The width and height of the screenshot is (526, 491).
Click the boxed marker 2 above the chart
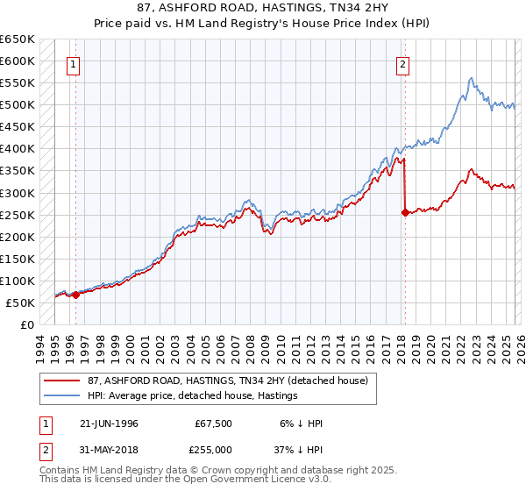click(x=402, y=63)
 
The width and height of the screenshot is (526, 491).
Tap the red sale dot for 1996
click(x=75, y=295)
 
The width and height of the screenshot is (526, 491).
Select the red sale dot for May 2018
click(x=404, y=212)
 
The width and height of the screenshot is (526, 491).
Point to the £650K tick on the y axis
click(x=18, y=39)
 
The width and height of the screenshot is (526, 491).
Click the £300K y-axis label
click(x=18, y=193)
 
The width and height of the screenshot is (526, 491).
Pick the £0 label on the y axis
click(x=27, y=324)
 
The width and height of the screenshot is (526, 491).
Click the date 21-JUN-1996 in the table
click(x=102, y=423)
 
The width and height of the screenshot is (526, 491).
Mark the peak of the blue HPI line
click(x=472, y=78)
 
